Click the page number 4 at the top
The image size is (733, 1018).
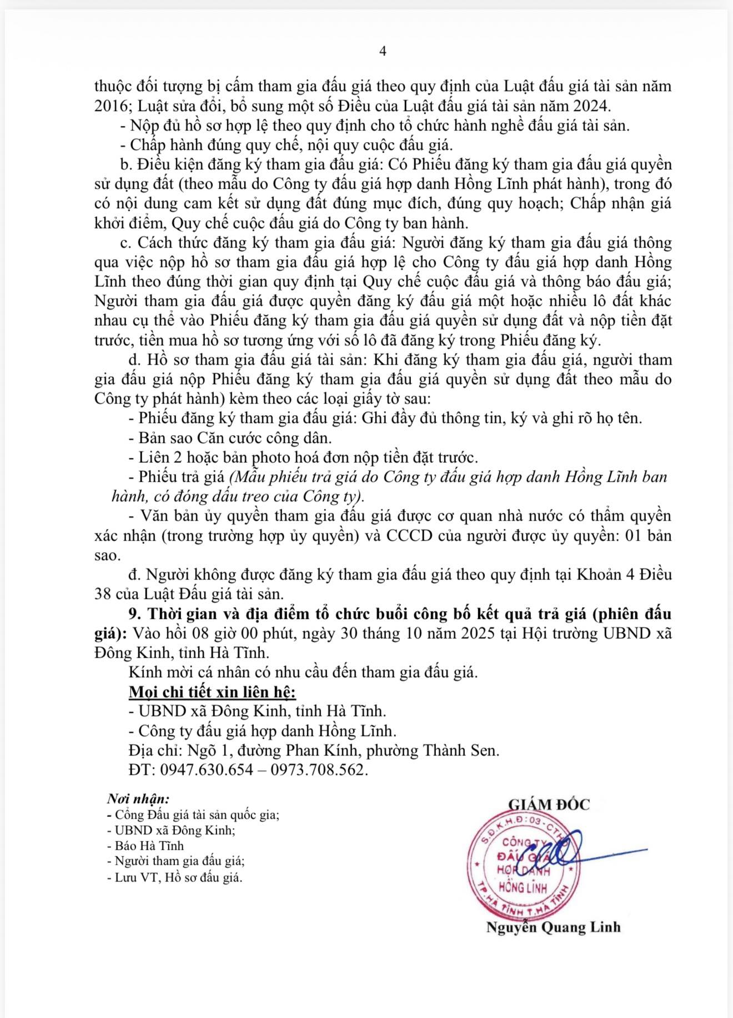click(383, 51)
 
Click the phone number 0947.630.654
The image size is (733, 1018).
click(207, 770)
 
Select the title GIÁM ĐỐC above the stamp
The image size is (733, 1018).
click(549, 804)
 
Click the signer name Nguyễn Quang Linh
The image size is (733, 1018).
click(553, 927)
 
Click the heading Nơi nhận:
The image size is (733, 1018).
click(138, 799)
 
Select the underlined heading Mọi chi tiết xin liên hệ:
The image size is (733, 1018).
click(212, 692)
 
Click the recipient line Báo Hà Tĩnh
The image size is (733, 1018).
click(149, 846)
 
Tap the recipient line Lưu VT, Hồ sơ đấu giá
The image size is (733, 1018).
click(178, 877)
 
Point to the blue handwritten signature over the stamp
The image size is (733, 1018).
click(561, 848)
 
